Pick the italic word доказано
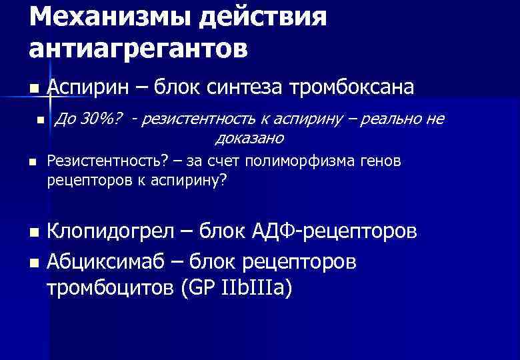[250, 138]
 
